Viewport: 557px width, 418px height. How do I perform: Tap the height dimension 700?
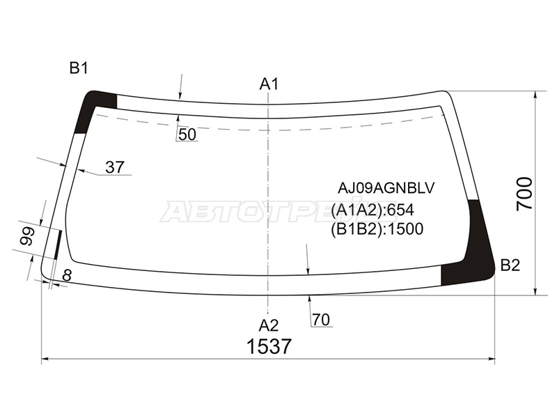[x=525, y=194]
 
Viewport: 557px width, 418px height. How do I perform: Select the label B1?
[x=79, y=68]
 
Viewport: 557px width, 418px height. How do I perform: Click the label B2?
[x=510, y=265]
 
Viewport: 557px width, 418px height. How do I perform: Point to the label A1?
[x=269, y=84]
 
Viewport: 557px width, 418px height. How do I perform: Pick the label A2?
[x=269, y=325]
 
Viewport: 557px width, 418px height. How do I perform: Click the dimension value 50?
[x=187, y=134]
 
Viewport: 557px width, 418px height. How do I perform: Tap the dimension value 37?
[x=114, y=167]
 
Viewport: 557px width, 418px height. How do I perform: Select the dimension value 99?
[x=27, y=236]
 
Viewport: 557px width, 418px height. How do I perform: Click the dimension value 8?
[x=67, y=275]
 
